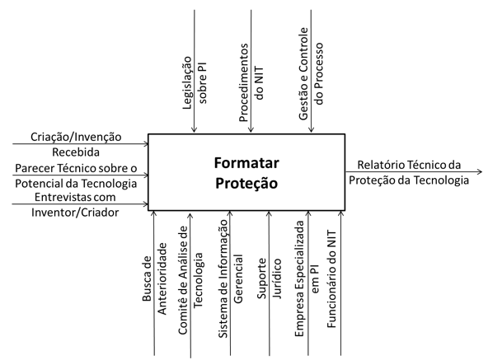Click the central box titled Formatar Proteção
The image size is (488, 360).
246,172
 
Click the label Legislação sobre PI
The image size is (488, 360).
195,82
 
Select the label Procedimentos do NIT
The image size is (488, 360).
251,82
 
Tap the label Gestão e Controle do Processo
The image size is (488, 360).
311,73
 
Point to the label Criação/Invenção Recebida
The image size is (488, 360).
76,144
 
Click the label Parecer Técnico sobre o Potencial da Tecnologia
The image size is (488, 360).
76,175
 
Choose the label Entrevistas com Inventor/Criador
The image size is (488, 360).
75,205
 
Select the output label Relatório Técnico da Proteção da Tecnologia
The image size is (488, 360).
409,172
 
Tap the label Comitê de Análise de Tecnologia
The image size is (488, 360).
190,280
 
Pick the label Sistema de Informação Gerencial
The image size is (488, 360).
230,278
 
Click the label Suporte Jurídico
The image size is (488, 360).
270,278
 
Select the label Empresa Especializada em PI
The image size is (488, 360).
307,278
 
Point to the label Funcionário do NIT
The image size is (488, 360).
331,278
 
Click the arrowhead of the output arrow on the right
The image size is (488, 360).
480,171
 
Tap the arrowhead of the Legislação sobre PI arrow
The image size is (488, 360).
195,130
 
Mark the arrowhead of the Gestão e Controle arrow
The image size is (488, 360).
311,130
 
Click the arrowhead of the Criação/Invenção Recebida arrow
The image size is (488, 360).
145,143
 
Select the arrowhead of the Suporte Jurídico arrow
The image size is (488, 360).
270,214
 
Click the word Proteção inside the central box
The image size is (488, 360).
246,183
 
